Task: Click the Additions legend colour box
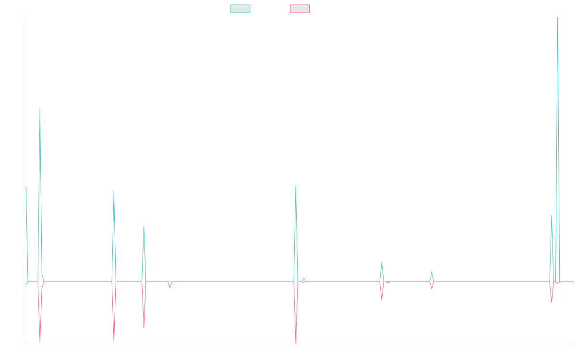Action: coord(240,9)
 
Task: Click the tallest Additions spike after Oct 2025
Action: coord(558,18)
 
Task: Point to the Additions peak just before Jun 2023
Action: coord(296,186)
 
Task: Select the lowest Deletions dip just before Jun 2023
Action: coord(296,343)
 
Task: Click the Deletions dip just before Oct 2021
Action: coord(114,341)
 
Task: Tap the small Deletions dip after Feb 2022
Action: coord(169,288)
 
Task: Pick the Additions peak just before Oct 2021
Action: coord(114,192)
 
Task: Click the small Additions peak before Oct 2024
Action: coord(432,272)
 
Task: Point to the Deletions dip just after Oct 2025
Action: coord(552,302)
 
